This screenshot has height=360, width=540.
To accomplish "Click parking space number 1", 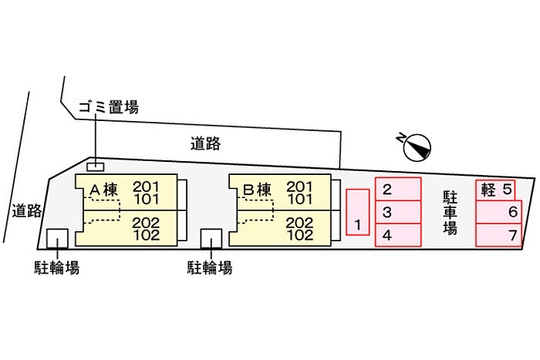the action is click(x=358, y=212).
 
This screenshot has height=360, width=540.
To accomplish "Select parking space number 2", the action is click(x=398, y=189).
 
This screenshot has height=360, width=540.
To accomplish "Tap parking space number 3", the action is click(x=398, y=212).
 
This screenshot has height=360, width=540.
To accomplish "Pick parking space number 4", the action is click(x=398, y=235).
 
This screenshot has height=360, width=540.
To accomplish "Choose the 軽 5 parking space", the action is click(x=495, y=190).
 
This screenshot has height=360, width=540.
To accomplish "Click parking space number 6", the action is click(x=498, y=212).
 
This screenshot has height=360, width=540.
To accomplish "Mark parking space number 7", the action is click(x=498, y=235).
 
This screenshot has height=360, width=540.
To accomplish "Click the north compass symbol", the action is click(x=417, y=147).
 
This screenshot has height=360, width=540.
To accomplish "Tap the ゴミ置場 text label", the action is click(x=109, y=107).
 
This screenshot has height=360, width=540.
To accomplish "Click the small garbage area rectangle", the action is click(x=96, y=167).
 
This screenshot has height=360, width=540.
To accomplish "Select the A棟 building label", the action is click(x=103, y=190).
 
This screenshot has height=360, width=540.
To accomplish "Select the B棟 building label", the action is click(x=257, y=190).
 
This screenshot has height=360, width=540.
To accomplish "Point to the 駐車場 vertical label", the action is click(x=450, y=212).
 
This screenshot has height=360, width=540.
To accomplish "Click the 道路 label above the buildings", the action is click(x=206, y=143).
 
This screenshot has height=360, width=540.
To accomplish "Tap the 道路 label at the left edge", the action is click(x=27, y=210).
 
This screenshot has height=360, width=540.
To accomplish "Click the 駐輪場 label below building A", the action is click(x=57, y=267).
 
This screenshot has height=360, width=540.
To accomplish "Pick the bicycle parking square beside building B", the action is click(x=211, y=238).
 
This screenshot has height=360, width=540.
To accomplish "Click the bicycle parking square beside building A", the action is click(x=58, y=238).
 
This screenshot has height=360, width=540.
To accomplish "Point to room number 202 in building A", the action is click(x=146, y=223).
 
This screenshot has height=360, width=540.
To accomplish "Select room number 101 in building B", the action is click(x=300, y=199).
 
